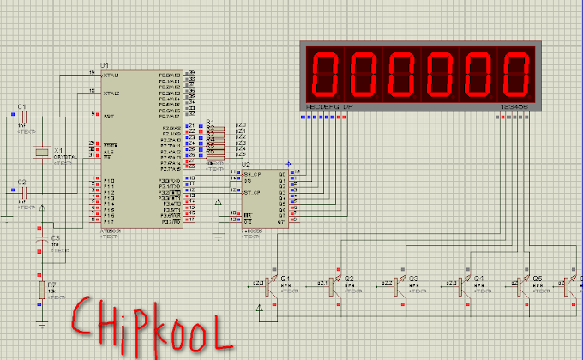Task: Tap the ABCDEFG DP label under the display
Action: pyautogui.click(x=322, y=106)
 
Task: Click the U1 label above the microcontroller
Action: pyautogui.click(x=105, y=65)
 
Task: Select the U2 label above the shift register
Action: pyautogui.click(x=247, y=164)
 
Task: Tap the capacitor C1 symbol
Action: pyautogui.click(x=23, y=117)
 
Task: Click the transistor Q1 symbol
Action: pyautogui.click(x=269, y=285)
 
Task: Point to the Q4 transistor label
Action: pyautogui.click(x=478, y=278)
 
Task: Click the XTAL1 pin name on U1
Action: pyautogui.click(x=110, y=75)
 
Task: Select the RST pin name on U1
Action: pyautogui.click(x=108, y=116)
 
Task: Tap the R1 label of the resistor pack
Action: pyautogui.click(x=210, y=123)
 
